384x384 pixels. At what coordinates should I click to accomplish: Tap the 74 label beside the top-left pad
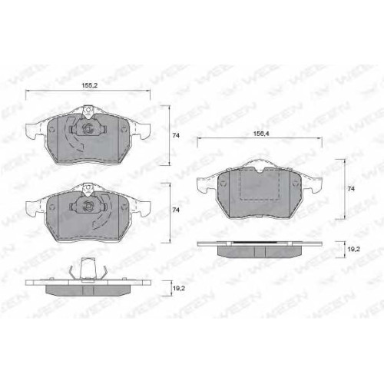click(176, 136)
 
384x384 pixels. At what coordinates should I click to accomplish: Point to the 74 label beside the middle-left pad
click(176, 210)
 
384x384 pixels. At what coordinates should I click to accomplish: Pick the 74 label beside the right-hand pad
click(351, 189)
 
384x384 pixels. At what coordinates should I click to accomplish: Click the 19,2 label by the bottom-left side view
click(179, 288)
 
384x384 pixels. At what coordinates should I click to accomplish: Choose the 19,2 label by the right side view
click(354, 249)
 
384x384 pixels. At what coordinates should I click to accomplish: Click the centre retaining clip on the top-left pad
click(88, 128)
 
